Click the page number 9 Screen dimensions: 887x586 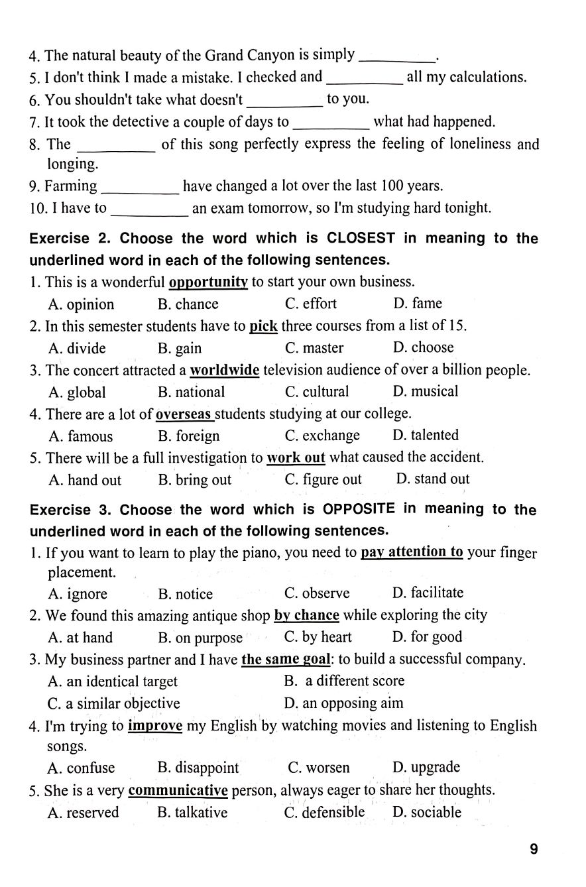[x=534, y=849]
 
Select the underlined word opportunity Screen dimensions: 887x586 [x=208, y=282]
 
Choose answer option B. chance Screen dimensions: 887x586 [x=188, y=304]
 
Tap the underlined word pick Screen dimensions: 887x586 [x=263, y=326]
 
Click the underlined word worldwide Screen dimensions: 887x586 [x=224, y=370]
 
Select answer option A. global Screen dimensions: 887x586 [x=77, y=392]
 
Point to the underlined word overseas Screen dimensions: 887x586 [x=184, y=414]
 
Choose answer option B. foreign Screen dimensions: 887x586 [x=188, y=436]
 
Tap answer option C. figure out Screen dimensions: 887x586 [x=323, y=479]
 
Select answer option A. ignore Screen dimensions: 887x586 [x=78, y=594]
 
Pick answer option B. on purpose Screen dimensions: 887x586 [x=200, y=638]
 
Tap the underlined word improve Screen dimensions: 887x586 [x=154, y=725]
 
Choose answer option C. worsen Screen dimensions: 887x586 [x=318, y=768]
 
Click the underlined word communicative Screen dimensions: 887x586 [x=178, y=790]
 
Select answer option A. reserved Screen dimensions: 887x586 [x=84, y=813]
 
